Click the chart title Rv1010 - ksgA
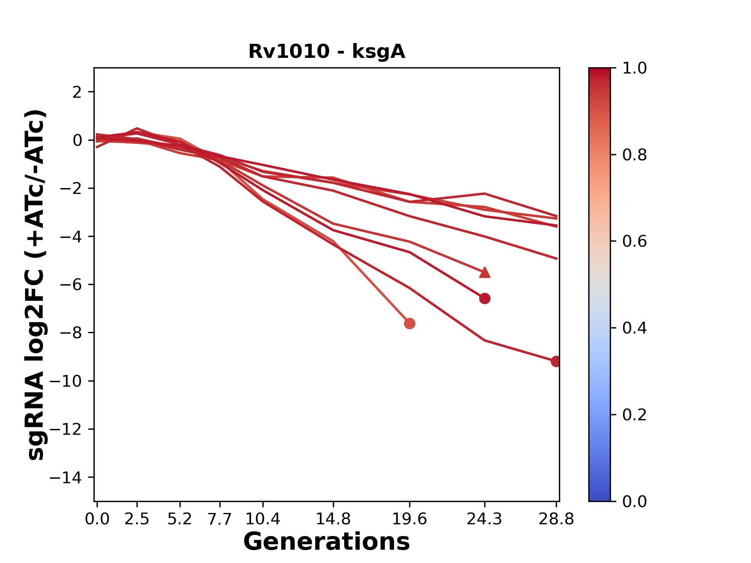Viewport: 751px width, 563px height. click(x=327, y=52)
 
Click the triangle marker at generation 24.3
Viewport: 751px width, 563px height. click(x=485, y=273)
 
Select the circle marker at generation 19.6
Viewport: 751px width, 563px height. click(x=410, y=323)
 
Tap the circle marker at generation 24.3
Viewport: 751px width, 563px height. click(x=485, y=299)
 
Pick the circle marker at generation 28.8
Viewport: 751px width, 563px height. click(x=556, y=362)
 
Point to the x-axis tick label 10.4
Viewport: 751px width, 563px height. click(x=262, y=519)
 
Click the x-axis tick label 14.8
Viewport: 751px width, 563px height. click(x=333, y=519)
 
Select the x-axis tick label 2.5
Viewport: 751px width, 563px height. click(x=137, y=519)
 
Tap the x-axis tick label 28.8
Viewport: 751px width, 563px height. click(x=556, y=519)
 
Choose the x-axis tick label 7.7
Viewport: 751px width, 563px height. click(x=220, y=519)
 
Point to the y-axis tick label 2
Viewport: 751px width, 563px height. click(x=77, y=92)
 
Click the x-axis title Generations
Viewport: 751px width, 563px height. click(x=327, y=542)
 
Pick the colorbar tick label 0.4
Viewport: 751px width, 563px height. click(x=634, y=328)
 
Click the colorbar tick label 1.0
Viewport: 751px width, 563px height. click(x=634, y=68)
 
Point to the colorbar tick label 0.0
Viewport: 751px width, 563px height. click(x=634, y=502)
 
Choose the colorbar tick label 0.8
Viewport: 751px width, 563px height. click(x=634, y=155)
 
